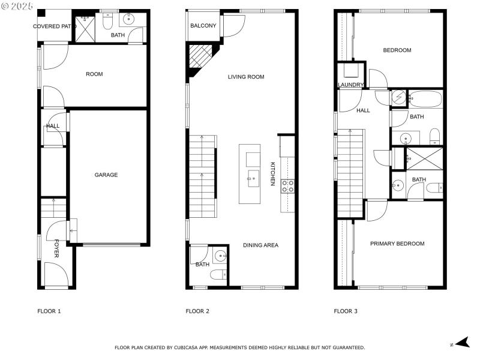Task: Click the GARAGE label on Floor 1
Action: [x=106, y=175]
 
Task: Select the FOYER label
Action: [x=57, y=249]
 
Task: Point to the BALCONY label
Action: [x=203, y=26]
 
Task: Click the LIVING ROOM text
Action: [x=246, y=77]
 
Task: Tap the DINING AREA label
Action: [x=260, y=245]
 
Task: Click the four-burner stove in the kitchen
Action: [x=287, y=186]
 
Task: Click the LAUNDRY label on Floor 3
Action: [x=350, y=85]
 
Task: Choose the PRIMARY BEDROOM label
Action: [x=397, y=244]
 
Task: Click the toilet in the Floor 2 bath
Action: [x=218, y=275]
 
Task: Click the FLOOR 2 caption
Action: [x=197, y=311]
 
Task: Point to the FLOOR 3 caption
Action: [x=346, y=311]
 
